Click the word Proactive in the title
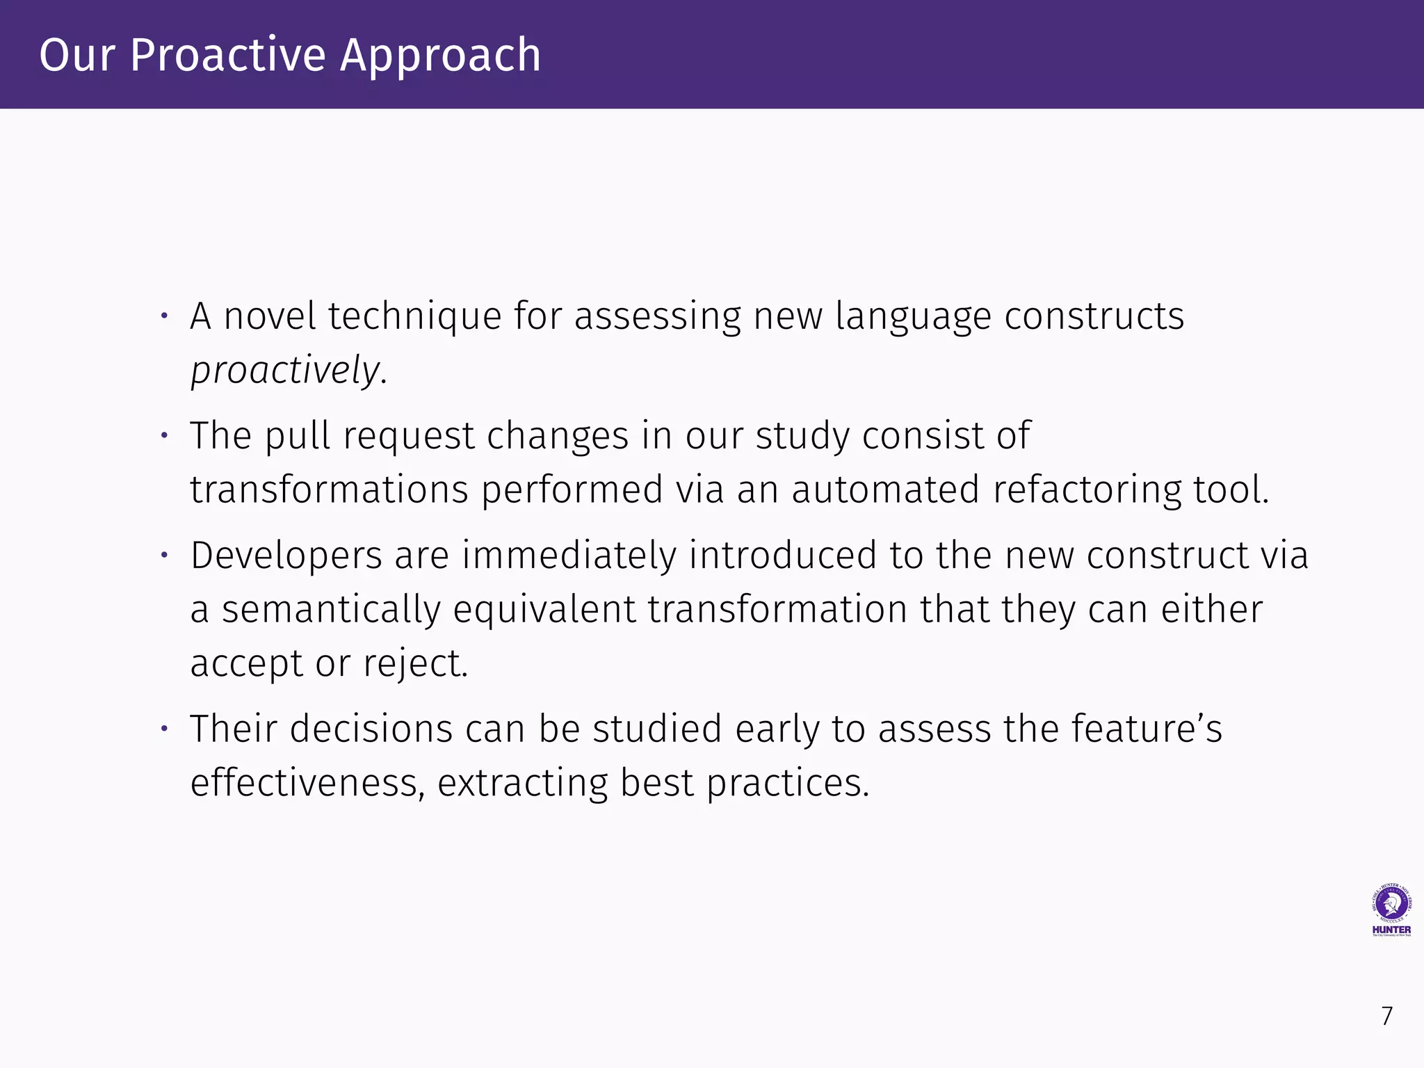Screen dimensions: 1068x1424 (x=228, y=56)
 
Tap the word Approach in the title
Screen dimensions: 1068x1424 (x=440, y=56)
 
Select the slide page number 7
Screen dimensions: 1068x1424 (x=1387, y=1017)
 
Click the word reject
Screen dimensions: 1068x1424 (x=414, y=663)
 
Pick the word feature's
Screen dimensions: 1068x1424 (x=1146, y=729)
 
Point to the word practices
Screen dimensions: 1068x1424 (x=788, y=783)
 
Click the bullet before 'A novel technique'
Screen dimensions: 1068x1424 (x=165, y=317)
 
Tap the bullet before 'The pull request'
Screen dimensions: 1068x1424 (x=165, y=437)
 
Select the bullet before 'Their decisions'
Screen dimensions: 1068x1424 (x=165, y=729)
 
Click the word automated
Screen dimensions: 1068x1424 (x=885, y=489)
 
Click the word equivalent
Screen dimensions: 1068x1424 (x=544, y=610)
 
